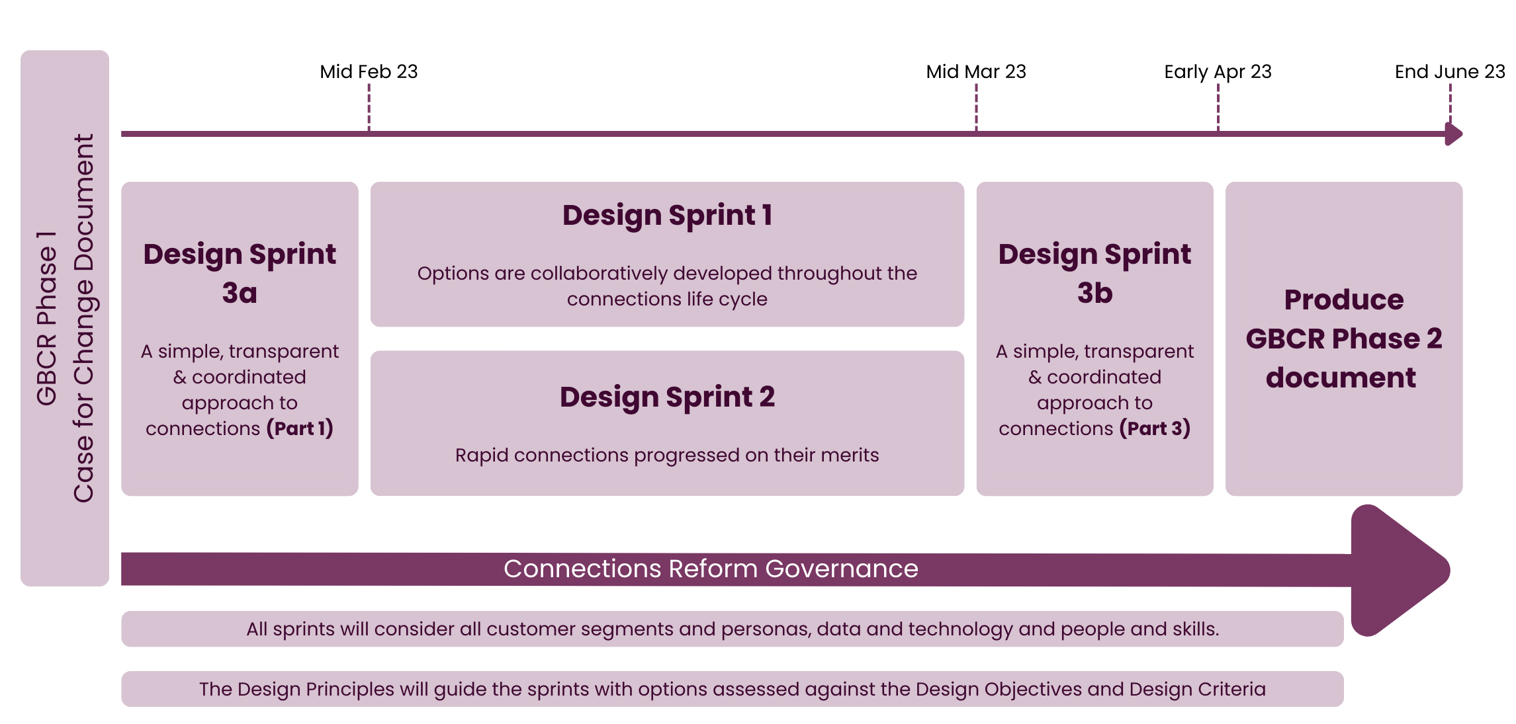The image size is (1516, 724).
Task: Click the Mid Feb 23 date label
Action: pyautogui.click(x=369, y=71)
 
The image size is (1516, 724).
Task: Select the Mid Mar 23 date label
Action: pyautogui.click(x=975, y=71)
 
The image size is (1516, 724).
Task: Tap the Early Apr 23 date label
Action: pyautogui.click(x=1218, y=71)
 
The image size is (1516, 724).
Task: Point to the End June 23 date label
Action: pyautogui.click(x=1449, y=71)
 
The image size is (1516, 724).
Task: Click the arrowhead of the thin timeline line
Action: pyautogui.click(x=1454, y=134)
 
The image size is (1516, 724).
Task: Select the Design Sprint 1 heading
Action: pyautogui.click(x=667, y=216)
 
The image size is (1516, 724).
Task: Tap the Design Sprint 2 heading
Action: pyautogui.click(x=667, y=397)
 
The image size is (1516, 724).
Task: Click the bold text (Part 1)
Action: pyautogui.click(x=300, y=428)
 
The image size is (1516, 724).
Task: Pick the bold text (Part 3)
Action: pyautogui.click(x=1155, y=428)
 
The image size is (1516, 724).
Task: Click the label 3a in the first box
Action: pyautogui.click(x=240, y=293)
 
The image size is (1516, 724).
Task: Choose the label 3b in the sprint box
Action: pyautogui.click(x=1094, y=293)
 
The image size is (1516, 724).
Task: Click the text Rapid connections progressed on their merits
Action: pyautogui.click(x=667, y=455)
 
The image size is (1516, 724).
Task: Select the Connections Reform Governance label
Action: pyautogui.click(x=711, y=569)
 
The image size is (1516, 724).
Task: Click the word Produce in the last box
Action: pyautogui.click(x=1343, y=300)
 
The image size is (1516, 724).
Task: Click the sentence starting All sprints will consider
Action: pyautogui.click(x=732, y=629)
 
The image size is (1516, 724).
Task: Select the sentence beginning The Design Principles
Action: pyautogui.click(x=732, y=689)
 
